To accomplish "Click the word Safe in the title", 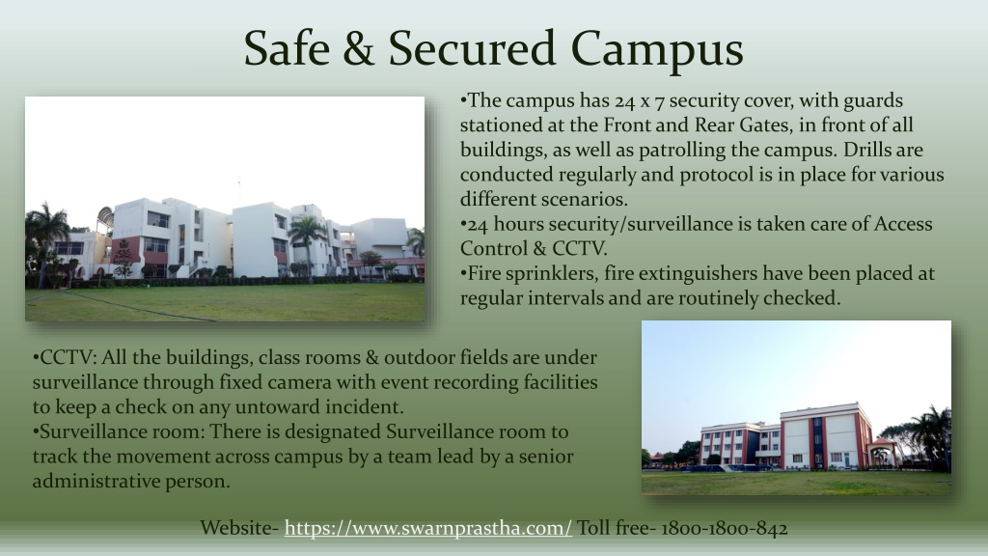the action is [x=287, y=48].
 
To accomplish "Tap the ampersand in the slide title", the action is [x=359, y=48].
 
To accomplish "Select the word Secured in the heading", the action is [x=472, y=48].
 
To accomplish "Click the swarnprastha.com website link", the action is [x=427, y=528].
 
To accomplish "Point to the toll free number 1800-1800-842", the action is [x=724, y=528].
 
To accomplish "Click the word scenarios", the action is [x=585, y=199].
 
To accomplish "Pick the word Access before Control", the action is [x=902, y=224].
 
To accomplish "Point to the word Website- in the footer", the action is [x=239, y=528].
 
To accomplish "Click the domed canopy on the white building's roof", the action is [x=105, y=218].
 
